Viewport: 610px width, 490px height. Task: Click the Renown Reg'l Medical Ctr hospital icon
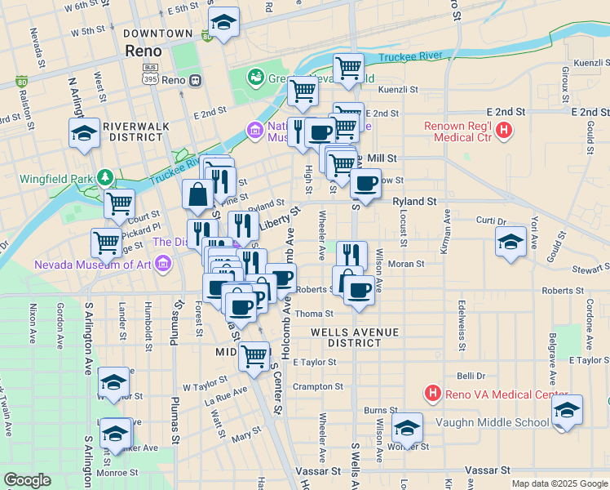click(505, 129)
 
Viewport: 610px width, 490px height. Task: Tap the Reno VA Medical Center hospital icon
click(433, 394)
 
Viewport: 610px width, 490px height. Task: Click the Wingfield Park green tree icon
click(104, 177)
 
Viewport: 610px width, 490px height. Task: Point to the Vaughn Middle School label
click(492, 422)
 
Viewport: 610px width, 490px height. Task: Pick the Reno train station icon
click(195, 80)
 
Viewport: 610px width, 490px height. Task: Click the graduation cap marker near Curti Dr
click(511, 242)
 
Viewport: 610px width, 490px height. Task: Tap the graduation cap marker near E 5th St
click(223, 23)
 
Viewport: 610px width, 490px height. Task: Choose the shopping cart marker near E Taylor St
click(254, 354)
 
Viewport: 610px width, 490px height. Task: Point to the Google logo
click(28, 479)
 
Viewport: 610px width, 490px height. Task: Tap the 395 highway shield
click(149, 80)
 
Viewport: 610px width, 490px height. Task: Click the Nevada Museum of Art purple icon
click(162, 263)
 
